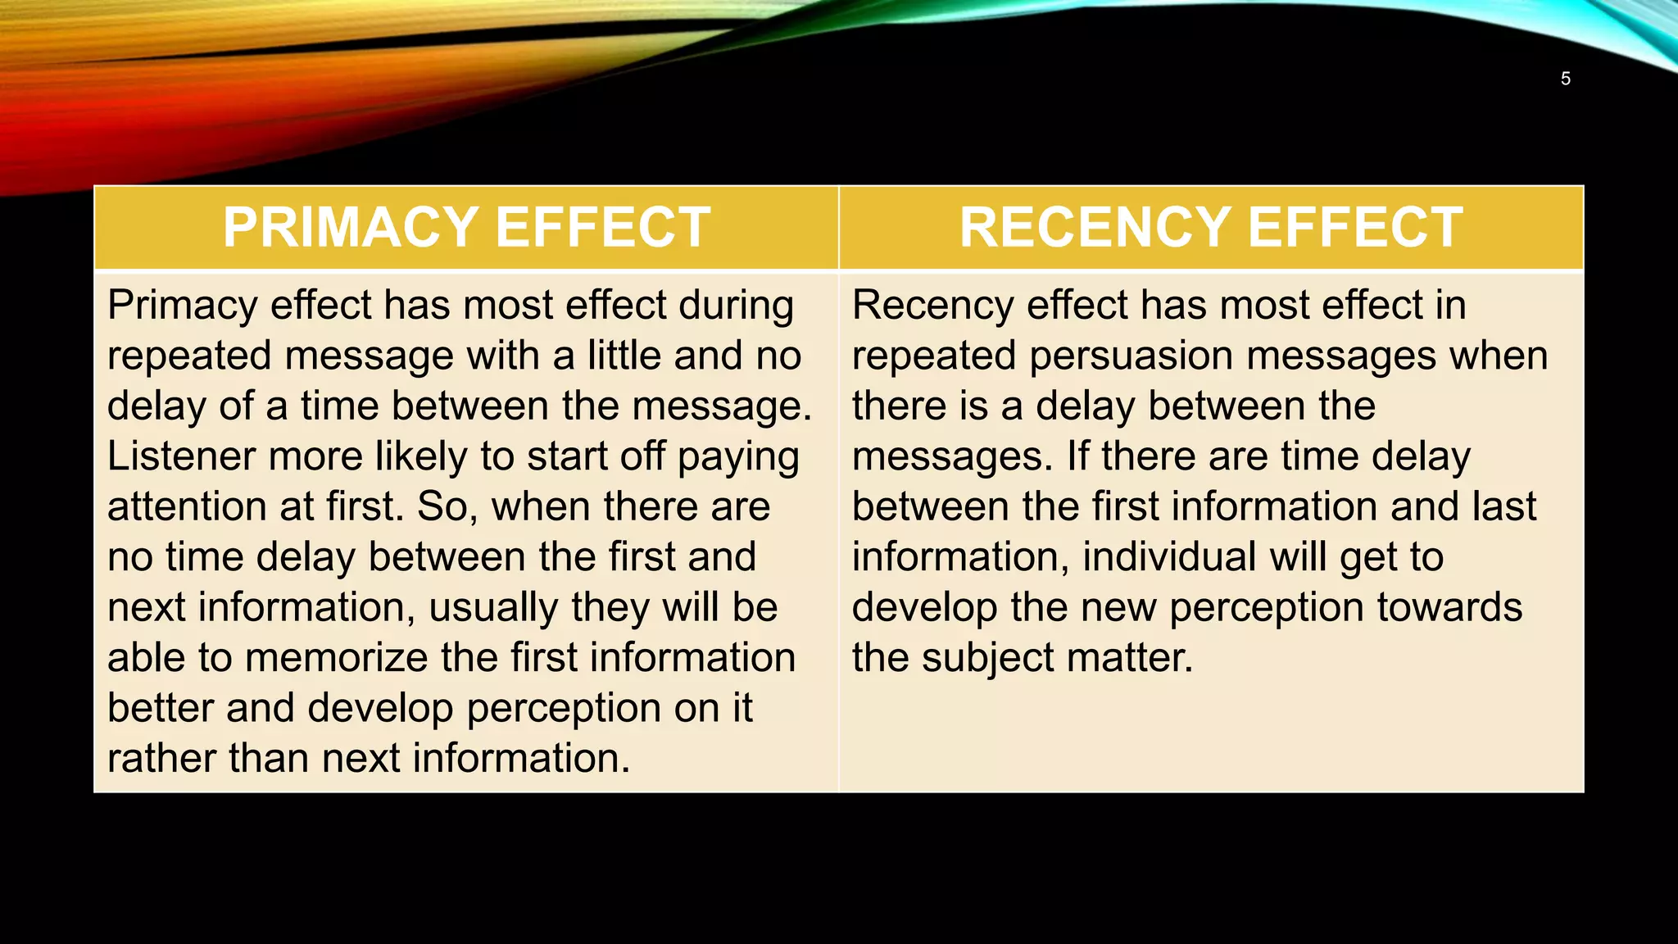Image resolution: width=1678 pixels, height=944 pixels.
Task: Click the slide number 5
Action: [1565, 79]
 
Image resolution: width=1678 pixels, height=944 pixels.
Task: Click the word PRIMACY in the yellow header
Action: [351, 227]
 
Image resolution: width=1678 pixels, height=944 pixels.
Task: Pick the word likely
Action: [421, 456]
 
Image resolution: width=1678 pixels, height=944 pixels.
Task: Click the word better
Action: [160, 708]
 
